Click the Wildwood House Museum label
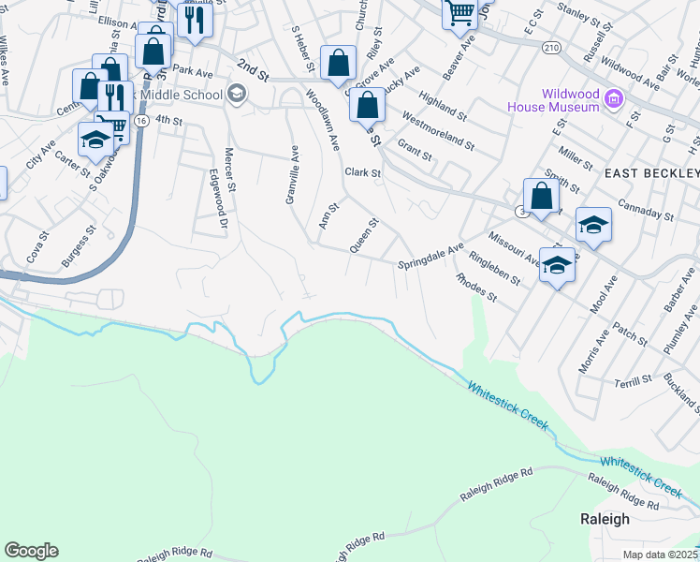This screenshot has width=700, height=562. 552,99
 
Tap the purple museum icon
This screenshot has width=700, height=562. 614,96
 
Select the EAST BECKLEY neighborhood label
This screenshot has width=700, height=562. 651,174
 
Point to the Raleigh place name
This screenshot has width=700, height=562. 605,519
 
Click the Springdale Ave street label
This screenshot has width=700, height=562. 430,256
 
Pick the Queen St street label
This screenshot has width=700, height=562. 363,235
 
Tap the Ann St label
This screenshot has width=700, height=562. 327,214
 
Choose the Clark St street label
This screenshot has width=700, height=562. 363,173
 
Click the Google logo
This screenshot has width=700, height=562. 31,551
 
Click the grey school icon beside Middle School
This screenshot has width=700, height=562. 236,94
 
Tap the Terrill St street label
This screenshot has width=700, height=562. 634,380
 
